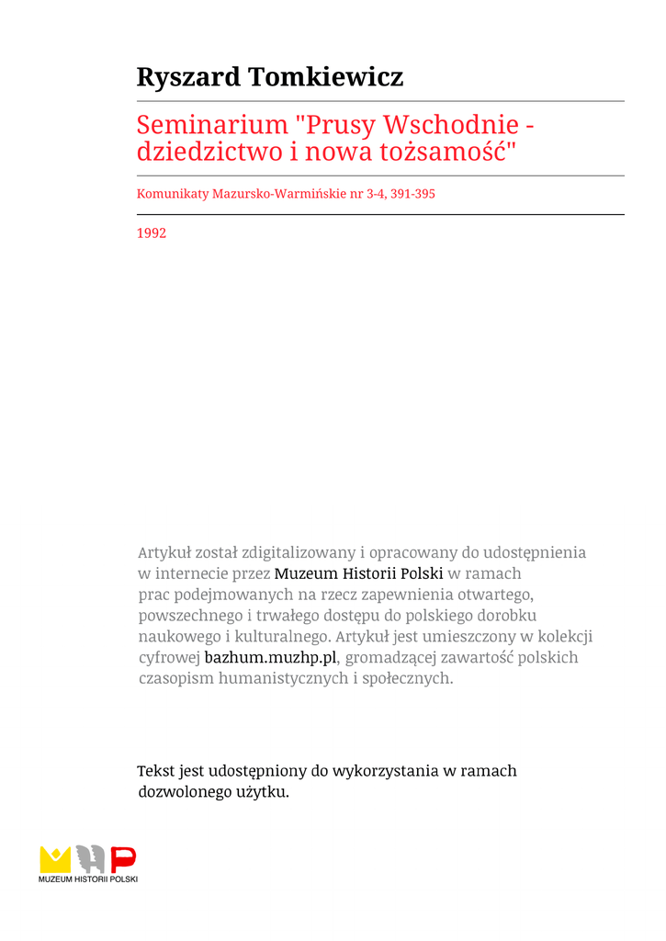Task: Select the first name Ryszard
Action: coord(188,77)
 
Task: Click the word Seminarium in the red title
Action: coord(212,125)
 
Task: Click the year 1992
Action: coord(152,233)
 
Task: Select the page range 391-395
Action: coord(412,194)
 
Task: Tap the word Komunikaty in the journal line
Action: coord(173,194)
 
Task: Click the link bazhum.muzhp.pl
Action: coord(271,658)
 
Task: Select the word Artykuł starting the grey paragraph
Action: coord(164,552)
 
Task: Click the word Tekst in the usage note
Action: coord(155,771)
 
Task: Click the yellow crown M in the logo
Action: coord(55,859)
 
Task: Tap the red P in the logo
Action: coord(123,859)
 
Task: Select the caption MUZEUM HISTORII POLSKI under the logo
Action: coord(88,880)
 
